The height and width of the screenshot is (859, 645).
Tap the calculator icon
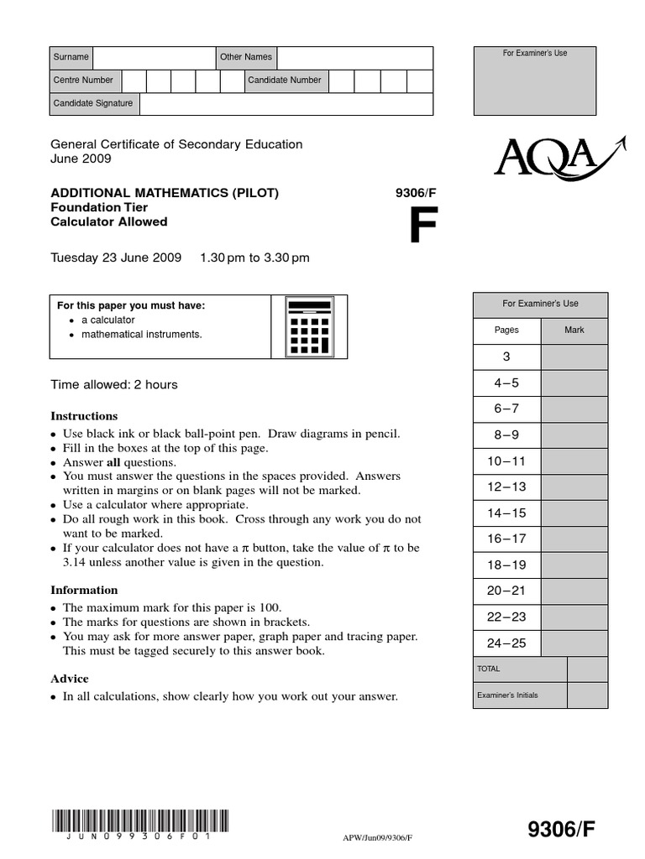tap(309, 326)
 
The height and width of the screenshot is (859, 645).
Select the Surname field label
tap(71, 57)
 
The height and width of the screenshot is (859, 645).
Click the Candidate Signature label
tap(93, 103)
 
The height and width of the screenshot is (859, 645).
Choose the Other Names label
tap(246, 57)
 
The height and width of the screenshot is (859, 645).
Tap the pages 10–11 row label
tap(506, 461)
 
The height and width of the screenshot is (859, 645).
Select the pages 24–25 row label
tap(506, 643)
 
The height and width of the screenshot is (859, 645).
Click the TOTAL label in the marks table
tap(489, 669)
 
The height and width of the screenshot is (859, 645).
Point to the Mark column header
tap(574, 331)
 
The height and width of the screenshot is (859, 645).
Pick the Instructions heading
tap(85, 416)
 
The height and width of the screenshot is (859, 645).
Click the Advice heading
tap(70, 679)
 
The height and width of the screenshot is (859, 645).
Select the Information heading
tap(85, 590)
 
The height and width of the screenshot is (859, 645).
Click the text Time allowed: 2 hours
tap(114, 385)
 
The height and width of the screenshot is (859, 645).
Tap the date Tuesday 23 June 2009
tap(117, 258)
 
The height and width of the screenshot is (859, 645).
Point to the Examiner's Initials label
tap(508, 695)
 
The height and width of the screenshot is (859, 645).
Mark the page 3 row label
tap(506, 357)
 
